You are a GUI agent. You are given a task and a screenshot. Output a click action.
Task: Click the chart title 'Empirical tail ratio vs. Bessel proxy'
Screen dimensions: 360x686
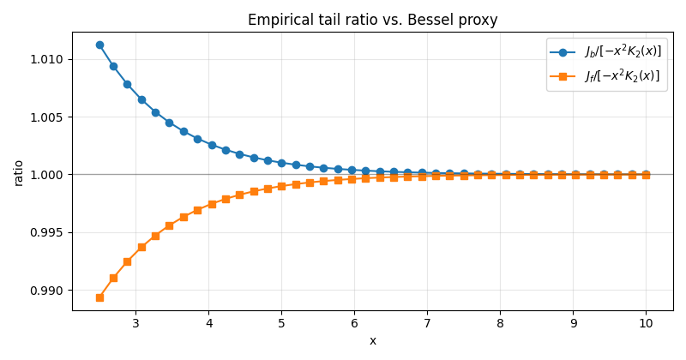coord(372,20)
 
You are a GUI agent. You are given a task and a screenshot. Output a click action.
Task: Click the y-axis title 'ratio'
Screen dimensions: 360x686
coord(18,172)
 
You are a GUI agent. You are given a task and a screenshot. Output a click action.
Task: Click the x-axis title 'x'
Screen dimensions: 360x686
coord(372,341)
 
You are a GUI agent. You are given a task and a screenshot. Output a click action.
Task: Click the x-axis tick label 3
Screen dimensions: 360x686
coord(135,324)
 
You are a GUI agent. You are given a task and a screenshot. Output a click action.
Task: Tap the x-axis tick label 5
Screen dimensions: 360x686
coord(281,324)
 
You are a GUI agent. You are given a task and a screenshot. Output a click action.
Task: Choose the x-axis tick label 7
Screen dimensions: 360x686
coord(427,324)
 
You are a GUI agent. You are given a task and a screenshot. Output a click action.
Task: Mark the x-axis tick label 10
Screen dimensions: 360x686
coord(646,324)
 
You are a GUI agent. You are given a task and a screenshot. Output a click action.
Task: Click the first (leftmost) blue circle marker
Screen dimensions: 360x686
coord(99,45)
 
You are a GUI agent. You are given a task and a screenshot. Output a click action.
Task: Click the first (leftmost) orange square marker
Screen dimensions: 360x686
coord(99,297)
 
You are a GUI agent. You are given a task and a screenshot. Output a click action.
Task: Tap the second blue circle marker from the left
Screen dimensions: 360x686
coord(113,66)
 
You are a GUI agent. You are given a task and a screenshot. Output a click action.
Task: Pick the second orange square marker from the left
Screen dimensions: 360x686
coord(113,278)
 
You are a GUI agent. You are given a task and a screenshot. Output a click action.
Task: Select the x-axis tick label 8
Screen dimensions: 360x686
coord(500,324)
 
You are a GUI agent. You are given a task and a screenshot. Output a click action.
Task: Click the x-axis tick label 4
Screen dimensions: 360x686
coord(208,324)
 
